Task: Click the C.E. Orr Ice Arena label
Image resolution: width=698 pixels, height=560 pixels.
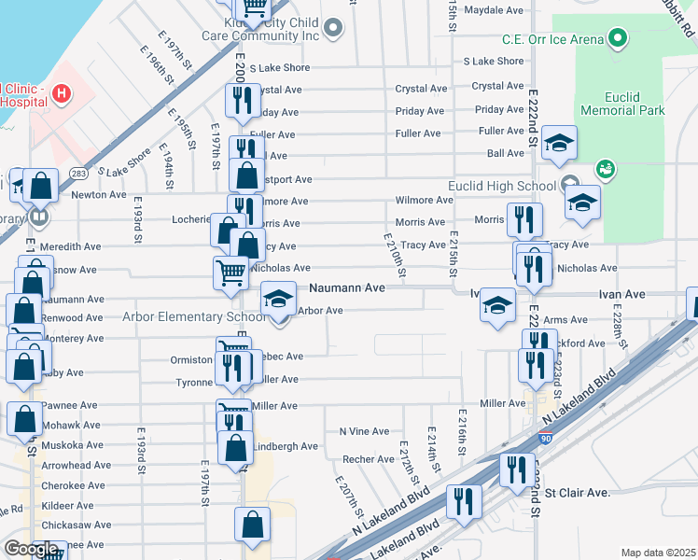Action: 551,38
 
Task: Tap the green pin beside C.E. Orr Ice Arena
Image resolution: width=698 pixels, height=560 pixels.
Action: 616,38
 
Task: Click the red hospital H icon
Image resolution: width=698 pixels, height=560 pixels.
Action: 62,93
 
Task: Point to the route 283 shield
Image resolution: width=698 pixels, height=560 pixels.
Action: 78,174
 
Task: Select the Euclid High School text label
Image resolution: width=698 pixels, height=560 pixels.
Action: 501,186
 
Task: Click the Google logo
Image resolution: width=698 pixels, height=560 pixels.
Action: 31,549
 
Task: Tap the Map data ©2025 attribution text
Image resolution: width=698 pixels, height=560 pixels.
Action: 658,553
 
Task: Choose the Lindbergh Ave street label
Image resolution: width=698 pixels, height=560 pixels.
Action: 286,446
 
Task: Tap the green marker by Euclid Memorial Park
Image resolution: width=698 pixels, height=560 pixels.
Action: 604,169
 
